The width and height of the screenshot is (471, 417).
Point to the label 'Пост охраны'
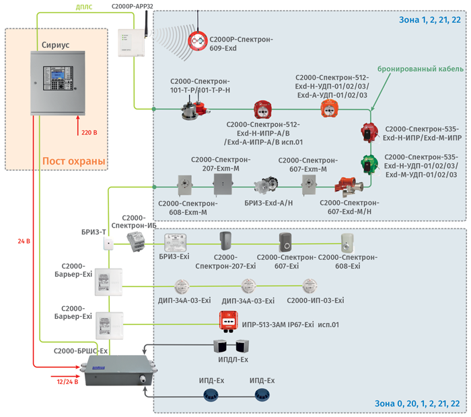[74, 161]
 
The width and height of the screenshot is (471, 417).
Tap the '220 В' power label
[89, 134]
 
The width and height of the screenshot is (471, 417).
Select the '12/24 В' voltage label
[67, 382]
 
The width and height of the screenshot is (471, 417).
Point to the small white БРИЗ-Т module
[107, 244]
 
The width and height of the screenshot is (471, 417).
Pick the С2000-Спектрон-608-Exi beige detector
[348, 242]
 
